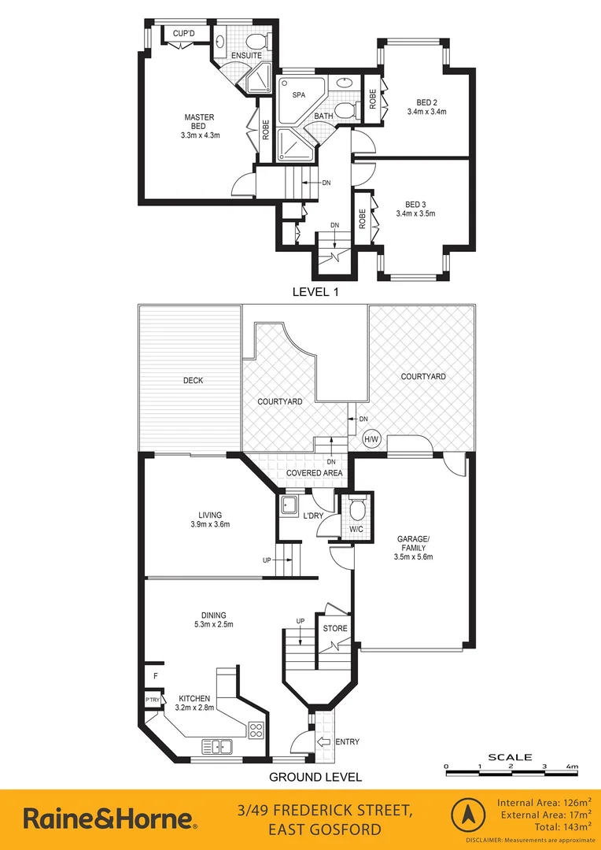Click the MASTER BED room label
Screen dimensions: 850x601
[199, 122]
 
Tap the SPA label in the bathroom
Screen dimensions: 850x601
[298, 95]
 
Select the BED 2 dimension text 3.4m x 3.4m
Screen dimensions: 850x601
[426, 112]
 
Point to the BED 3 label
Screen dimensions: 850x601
[415, 204]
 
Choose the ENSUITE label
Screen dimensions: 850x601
[246, 56]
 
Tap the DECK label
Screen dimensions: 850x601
[192, 380]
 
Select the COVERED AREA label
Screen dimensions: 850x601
[314, 473]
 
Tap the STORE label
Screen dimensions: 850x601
[334, 628]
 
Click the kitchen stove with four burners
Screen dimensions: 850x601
[256, 730]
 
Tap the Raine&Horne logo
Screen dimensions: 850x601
[109, 819]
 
